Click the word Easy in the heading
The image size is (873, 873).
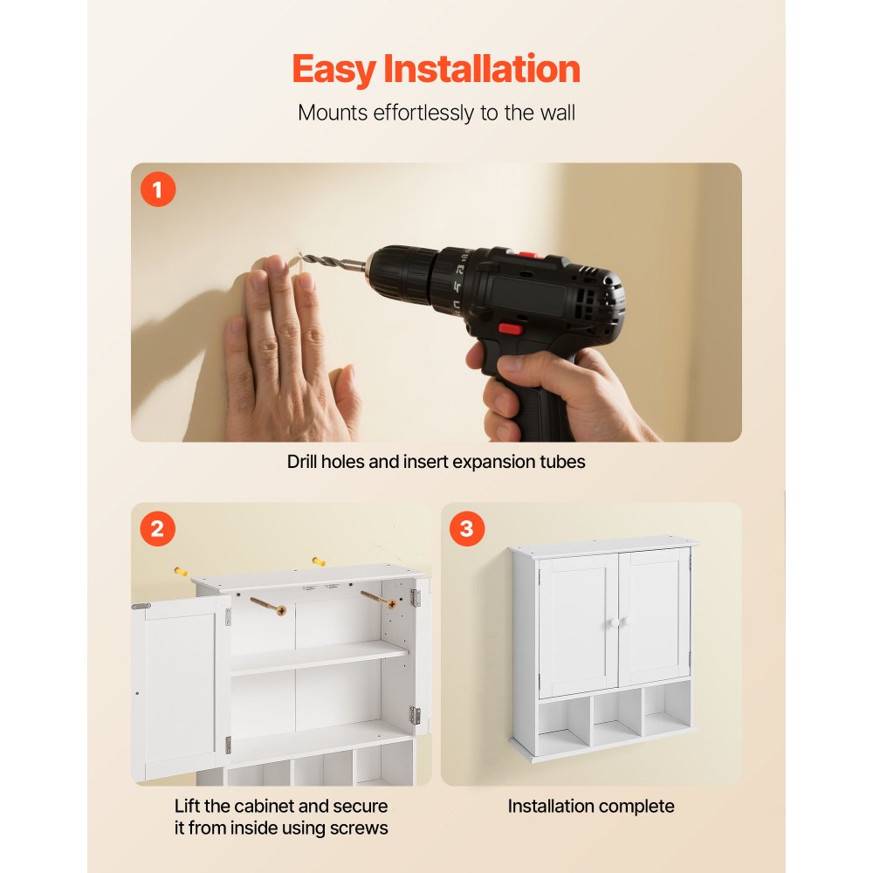(x=334, y=70)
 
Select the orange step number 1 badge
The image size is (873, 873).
(x=158, y=189)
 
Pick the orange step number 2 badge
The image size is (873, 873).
(x=158, y=528)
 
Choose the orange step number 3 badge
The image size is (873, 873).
(x=467, y=528)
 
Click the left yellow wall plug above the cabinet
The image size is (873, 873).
(x=181, y=572)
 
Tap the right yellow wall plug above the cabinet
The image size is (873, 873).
(x=319, y=561)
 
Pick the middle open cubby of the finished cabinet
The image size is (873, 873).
(x=616, y=718)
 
